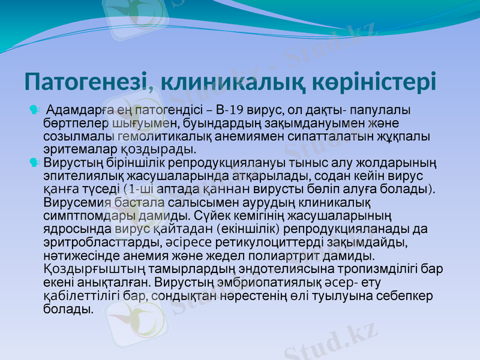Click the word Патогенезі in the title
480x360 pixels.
tap(86, 82)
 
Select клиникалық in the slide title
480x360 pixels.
tap(236, 82)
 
